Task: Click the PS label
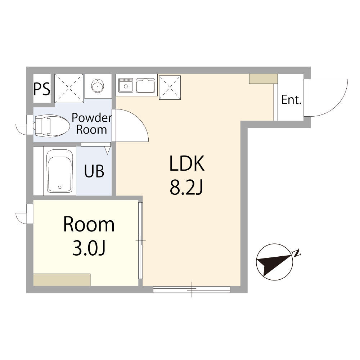click(42, 89)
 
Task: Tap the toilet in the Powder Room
click(52, 126)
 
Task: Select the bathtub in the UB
click(60, 171)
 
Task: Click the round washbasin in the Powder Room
click(98, 86)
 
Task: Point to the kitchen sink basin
click(145, 85)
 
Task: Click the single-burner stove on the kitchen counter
click(126, 85)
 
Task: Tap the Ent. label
click(291, 100)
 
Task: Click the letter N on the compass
click(297, 253)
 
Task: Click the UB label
click(94, 171)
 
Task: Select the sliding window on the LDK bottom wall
click(192, 289)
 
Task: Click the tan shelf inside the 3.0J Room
click(62, 280)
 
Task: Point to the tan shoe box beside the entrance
click(264, 79)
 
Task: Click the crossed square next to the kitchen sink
click(170, 87)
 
